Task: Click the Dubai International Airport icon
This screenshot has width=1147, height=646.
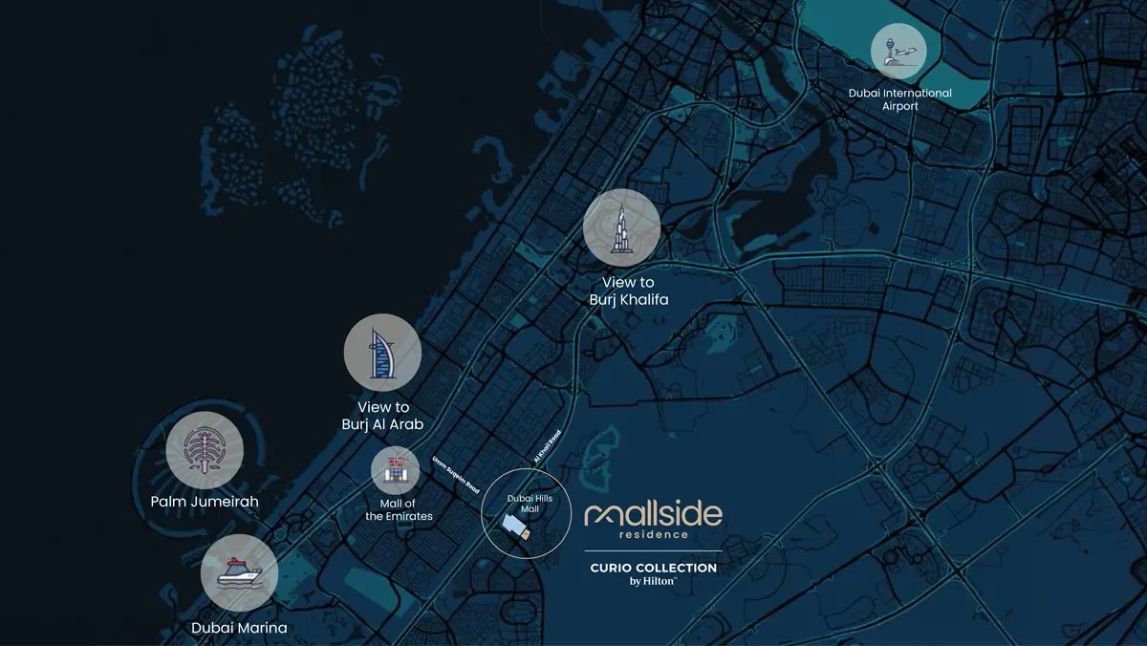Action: [x=898, y=52]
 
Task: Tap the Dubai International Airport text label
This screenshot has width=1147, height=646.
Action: [x=899, y=99]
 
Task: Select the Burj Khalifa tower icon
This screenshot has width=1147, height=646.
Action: [x=622, y=227]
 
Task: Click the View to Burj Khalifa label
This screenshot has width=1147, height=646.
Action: [x=628, y=291]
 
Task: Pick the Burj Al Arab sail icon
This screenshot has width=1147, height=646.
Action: [x=382, y=353]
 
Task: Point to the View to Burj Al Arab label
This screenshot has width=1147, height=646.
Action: [x=382, y=416]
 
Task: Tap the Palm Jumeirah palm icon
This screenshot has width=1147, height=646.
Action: [x=204, y=450]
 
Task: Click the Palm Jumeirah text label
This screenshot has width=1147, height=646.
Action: [x=204, y=501]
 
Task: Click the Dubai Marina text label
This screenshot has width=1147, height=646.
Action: [x=239, y=628]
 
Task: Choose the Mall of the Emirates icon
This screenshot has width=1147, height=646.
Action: [x=396, y=470]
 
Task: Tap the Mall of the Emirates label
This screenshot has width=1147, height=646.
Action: [x=399, y=509]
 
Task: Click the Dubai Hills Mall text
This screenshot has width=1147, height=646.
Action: [x=523, y=504]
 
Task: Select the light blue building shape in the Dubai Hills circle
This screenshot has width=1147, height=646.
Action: [x=513, y=525]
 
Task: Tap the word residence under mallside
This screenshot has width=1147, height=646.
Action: [x=653, y=535]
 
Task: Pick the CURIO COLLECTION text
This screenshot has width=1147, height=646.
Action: [x=653, y=568]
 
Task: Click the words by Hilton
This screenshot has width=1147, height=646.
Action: [x=653, y=582]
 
